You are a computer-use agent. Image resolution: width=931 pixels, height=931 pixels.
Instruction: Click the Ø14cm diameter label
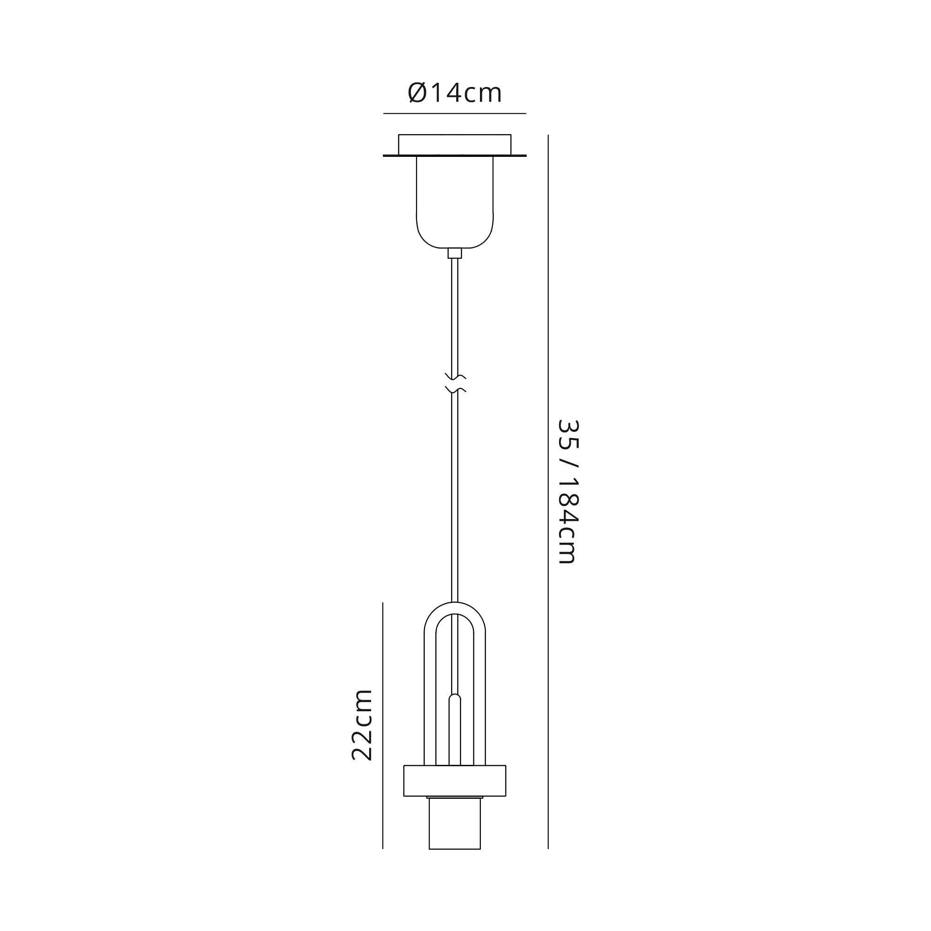454,93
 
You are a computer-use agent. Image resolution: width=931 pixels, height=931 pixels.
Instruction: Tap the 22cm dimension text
361,725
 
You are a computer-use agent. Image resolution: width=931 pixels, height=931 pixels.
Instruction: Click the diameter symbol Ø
417,93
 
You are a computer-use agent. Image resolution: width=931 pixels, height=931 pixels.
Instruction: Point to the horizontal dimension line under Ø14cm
454,114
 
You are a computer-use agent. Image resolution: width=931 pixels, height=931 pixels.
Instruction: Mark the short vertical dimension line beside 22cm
383,723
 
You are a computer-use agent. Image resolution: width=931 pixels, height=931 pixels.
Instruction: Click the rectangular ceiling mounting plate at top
454,145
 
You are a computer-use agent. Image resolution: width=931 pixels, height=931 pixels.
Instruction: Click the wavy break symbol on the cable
455,383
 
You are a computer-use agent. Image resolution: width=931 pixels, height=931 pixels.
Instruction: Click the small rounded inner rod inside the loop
454,728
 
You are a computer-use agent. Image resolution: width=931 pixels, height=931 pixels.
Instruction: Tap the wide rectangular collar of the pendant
454,781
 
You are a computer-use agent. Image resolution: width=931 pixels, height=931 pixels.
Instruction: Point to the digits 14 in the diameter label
445,93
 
